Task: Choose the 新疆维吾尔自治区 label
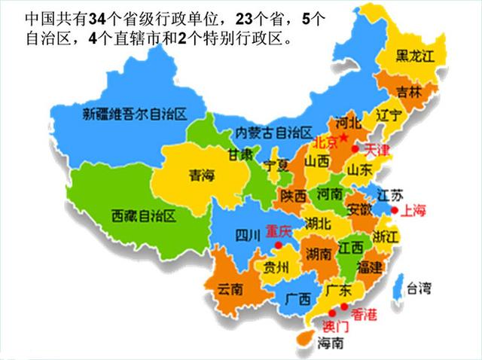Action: coord(135,114)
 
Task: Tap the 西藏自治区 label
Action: coord(143,216)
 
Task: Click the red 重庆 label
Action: coord(279,233)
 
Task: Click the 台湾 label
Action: coord(419,287)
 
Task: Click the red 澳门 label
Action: coord(335,326)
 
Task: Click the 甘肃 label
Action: coord(240,154)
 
